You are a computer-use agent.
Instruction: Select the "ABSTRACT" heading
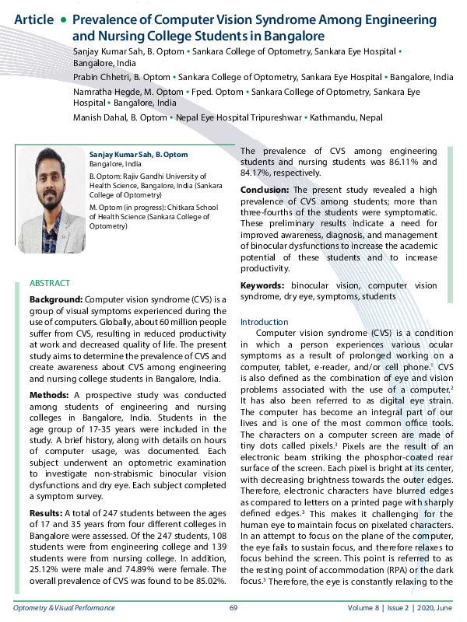[50, 283]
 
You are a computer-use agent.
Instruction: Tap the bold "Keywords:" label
[265, 286]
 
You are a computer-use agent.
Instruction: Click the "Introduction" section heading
[264, 322]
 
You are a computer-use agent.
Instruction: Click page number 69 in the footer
[233, 608]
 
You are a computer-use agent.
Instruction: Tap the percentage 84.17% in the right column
[258, 174]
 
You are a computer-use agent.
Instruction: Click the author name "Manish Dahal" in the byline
[102, 117]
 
